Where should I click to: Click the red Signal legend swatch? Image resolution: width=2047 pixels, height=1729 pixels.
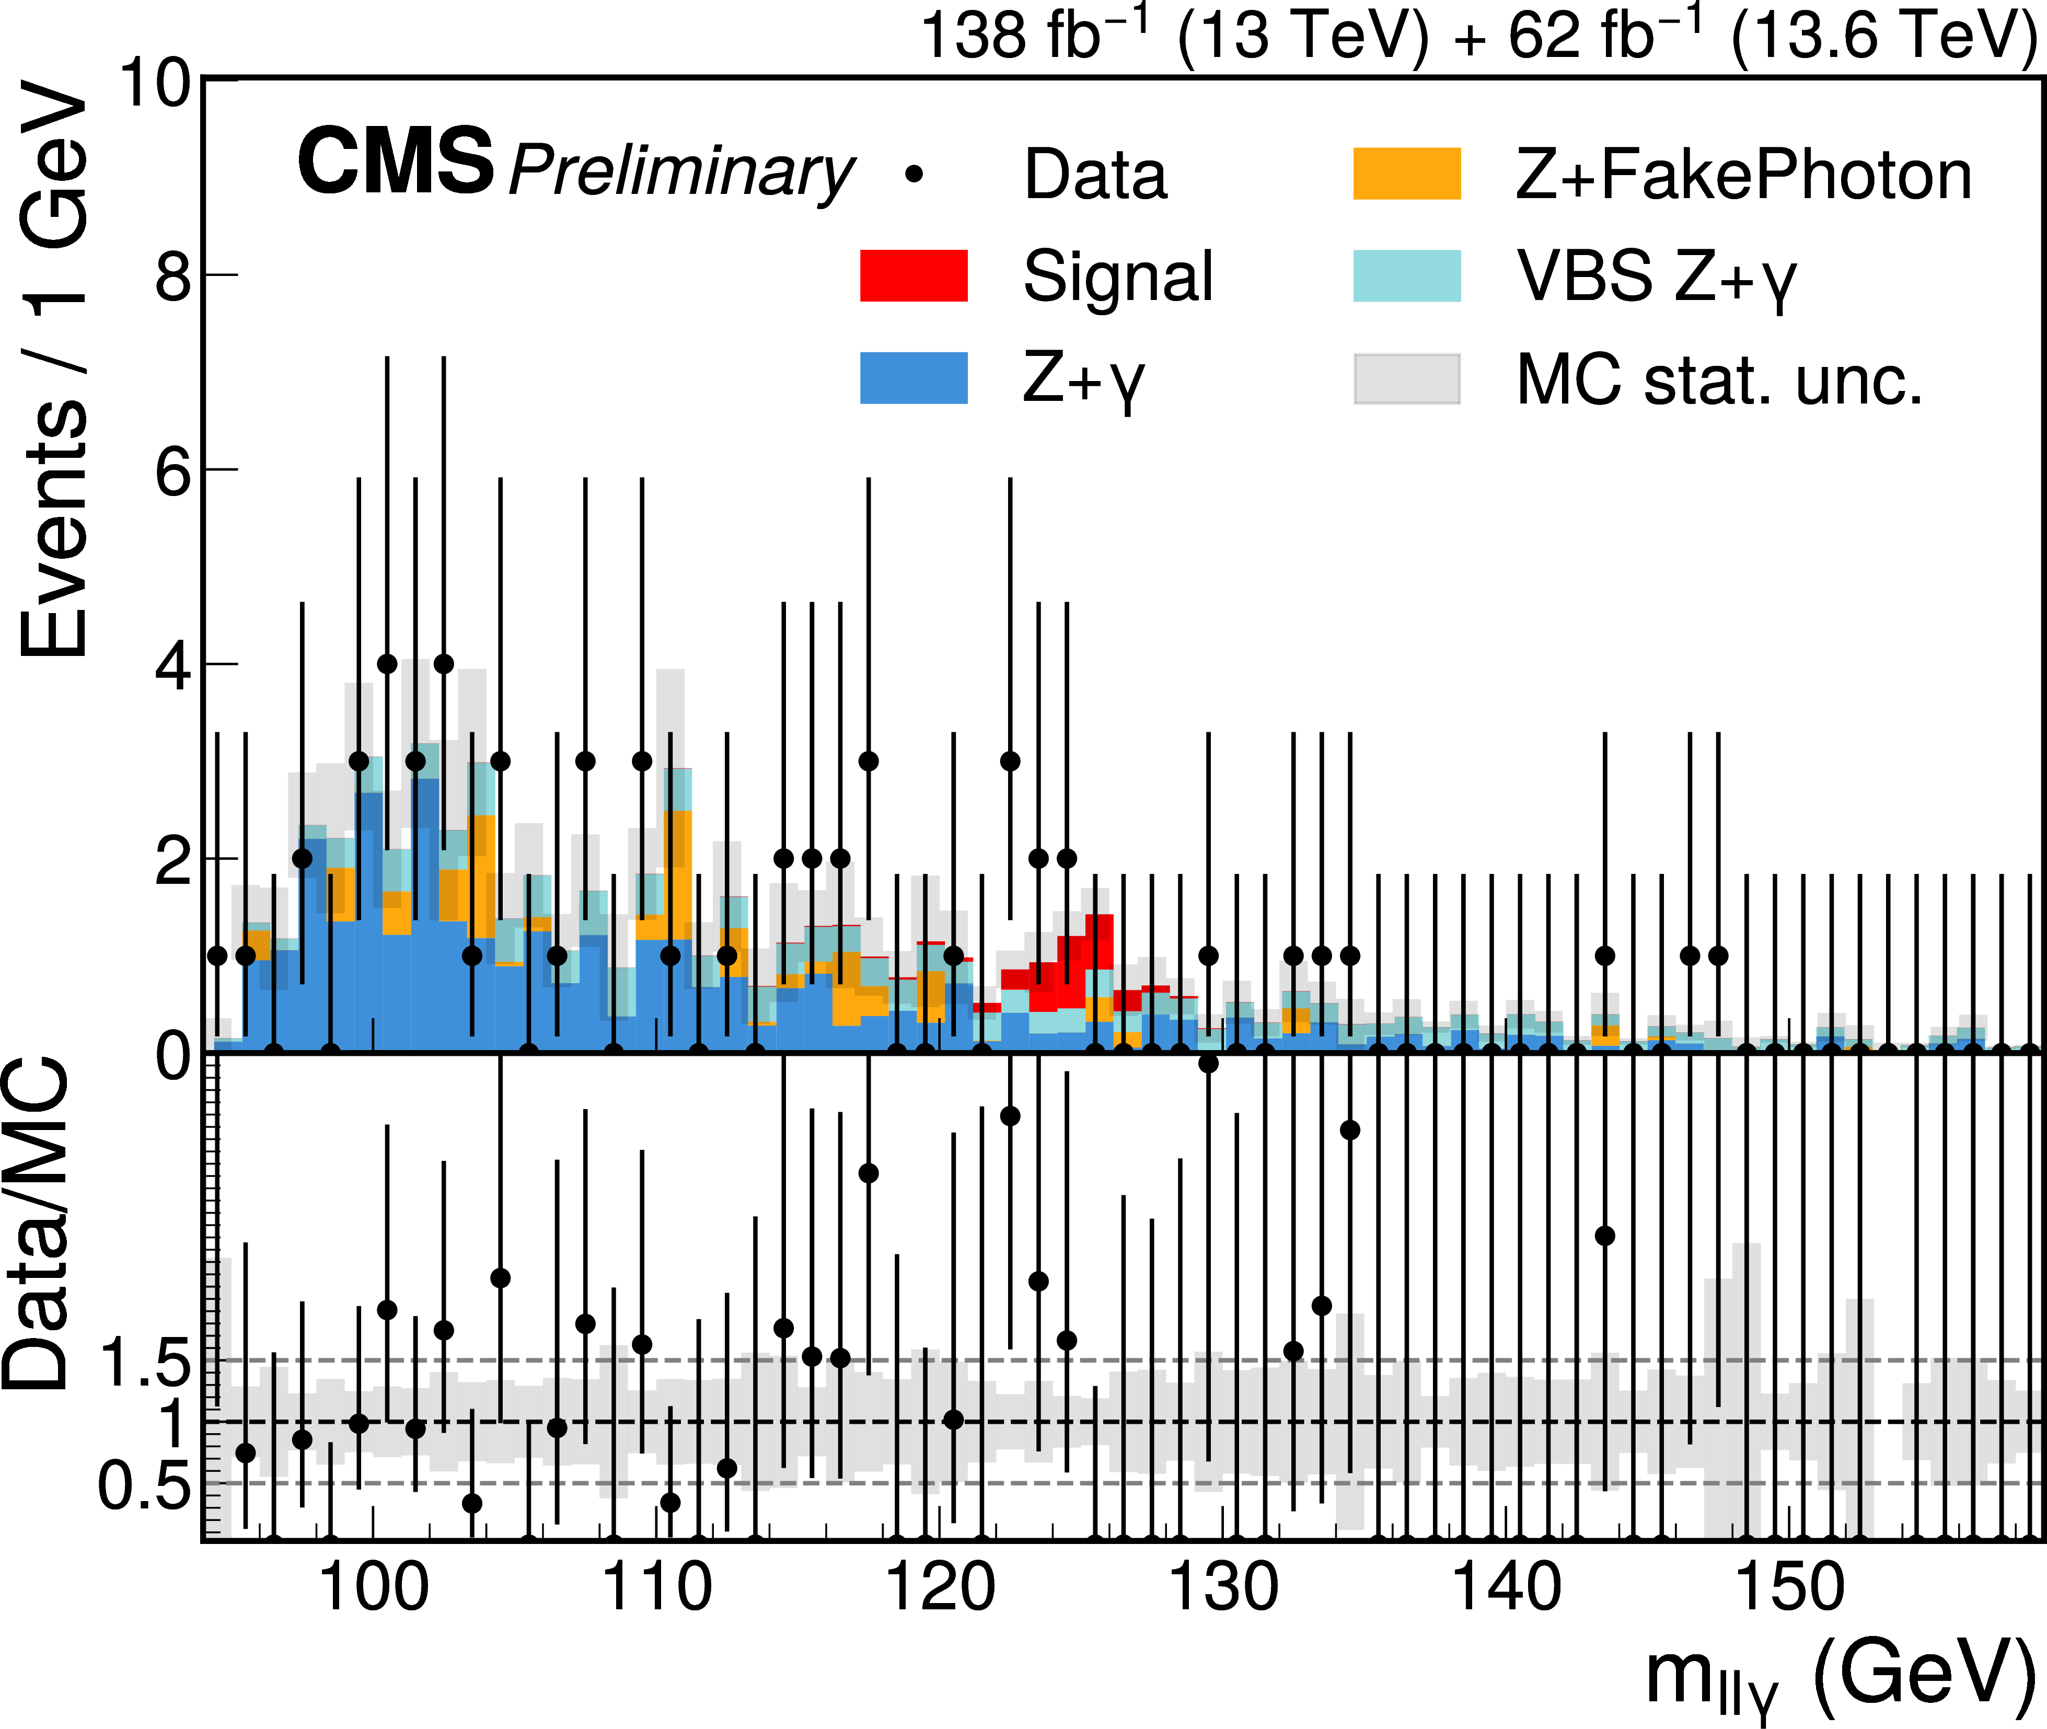point(913,275)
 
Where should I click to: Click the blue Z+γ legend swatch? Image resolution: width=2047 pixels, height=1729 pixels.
point(913,378)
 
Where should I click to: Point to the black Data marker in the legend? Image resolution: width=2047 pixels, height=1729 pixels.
point(914,175)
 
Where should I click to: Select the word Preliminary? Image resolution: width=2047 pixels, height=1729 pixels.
point(681,171)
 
